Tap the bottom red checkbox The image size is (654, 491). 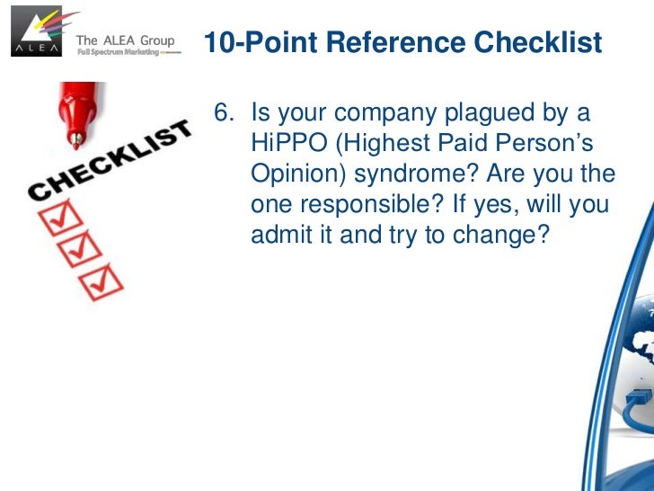pyautogui.click(x=100, y=283)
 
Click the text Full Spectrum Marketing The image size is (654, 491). pyautogui.click(x=116, y=52)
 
